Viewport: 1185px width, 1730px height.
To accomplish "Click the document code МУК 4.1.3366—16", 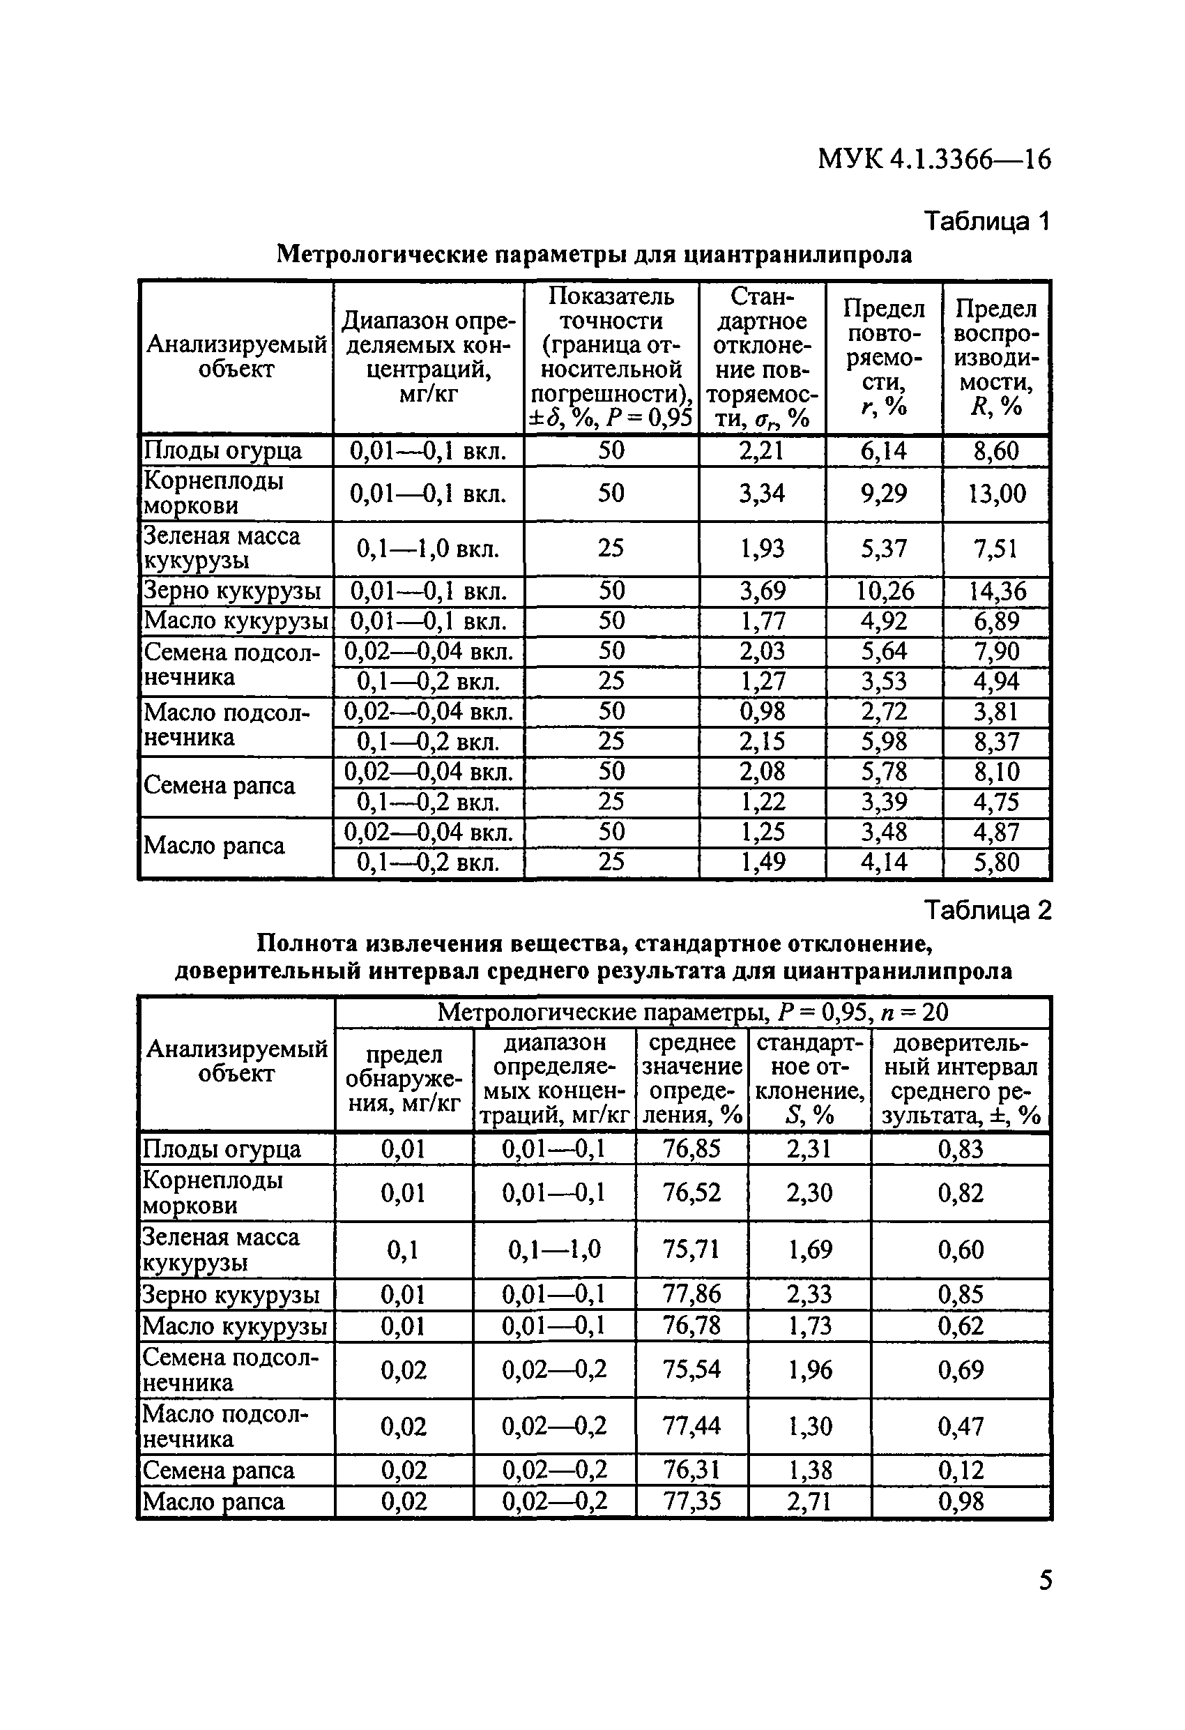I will tap(933, 159).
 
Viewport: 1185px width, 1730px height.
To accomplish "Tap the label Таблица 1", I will tap(986, 221).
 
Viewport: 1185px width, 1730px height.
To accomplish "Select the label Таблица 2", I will tap(987, 910).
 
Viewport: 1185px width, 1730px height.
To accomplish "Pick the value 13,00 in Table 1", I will tap(996, 494).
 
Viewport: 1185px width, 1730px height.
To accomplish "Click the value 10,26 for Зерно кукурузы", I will tap(884, 591).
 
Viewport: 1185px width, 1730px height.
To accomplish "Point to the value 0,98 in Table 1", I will tap(761, 712).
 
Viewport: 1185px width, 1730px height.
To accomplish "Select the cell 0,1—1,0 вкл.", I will tap(427, 549).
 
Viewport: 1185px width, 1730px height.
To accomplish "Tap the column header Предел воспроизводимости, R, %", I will tap(995, 357).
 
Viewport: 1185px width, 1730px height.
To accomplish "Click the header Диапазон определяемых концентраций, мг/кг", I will tap(428, 357).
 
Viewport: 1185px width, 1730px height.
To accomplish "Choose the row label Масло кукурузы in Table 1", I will tap(235, 621).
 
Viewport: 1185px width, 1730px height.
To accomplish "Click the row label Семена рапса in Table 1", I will tap(219, 786).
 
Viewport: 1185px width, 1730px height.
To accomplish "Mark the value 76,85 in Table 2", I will tap(691, 1148).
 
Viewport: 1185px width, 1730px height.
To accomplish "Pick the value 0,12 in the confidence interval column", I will tap(961, 1470).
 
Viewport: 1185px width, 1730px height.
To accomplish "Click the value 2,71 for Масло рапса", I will tap(809, 1501).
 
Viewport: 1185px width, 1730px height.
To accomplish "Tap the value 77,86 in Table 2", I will tap(691, 1293).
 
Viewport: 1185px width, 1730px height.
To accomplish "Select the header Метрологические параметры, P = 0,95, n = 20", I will tap(692, 1012).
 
